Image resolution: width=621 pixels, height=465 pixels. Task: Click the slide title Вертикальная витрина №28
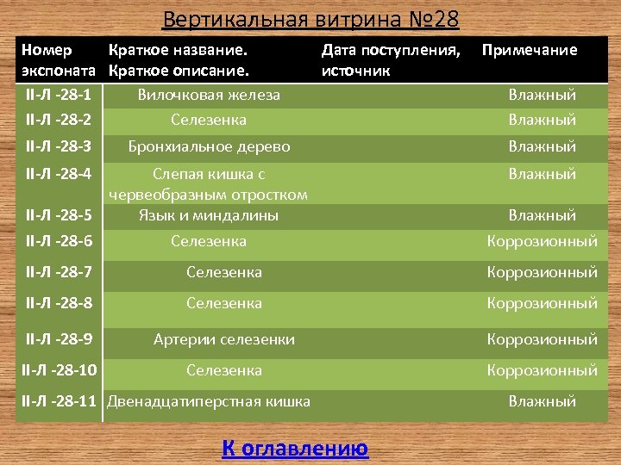(x=310, y=19)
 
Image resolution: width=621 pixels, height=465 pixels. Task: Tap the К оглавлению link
(x=295, y=449)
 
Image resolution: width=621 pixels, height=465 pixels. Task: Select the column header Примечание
(x=529, y=50)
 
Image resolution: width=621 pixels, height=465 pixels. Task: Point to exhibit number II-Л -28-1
(x=59, y=95)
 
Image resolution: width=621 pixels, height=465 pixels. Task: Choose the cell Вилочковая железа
(x=209, y=95)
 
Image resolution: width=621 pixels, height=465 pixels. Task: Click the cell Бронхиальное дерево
(x=209, y=146)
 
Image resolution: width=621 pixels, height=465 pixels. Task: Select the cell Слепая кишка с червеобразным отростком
(x=209, y=184)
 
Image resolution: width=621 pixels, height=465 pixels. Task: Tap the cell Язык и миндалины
(x=209, y=215)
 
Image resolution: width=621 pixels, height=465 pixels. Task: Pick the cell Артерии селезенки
(x=223, y=339)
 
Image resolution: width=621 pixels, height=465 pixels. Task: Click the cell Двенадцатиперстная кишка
(x=208, y=401)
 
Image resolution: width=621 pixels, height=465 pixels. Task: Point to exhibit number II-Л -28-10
(x=59, y=370)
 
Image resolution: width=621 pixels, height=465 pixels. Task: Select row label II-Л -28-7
(x=59, y=272)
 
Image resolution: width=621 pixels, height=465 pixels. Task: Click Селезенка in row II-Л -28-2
(x=209, y=120)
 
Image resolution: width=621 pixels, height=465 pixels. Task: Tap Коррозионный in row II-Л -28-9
(x=542, y=339)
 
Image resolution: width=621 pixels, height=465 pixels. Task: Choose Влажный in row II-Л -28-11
(x=542, y=401)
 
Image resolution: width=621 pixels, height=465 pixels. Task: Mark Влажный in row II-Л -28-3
(x=542, y=146)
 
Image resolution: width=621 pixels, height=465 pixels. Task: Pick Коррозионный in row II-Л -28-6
(x=542, y=241)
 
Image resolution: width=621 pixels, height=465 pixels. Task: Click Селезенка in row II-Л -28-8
(x=224, y=303)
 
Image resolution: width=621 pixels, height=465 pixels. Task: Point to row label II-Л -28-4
(x=59, y=174)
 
